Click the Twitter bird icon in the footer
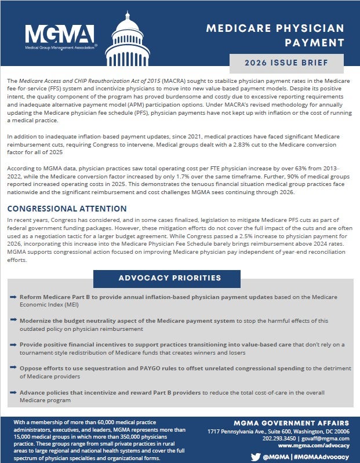[255, 457]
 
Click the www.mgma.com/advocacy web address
[314, 446]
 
